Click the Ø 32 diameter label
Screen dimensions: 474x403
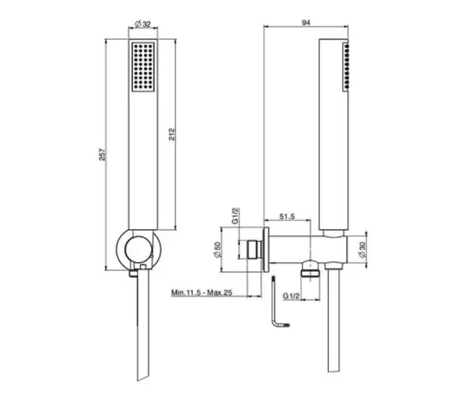[x=143, y=24]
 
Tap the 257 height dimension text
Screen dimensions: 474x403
[x=103, y=154]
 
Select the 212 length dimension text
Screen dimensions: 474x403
[x=171, y=134]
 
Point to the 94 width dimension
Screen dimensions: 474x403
[x=306, y=22]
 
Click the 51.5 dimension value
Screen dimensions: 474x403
[x=287, y=217]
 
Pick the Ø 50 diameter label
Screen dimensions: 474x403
[x=217, y=250]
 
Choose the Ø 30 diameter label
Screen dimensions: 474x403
[x=362, y=250]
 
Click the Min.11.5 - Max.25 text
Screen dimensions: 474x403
[x=201, y=292]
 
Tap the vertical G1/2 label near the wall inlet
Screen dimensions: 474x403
[x=235, y=216]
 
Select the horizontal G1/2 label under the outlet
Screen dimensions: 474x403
[x=291, y=296]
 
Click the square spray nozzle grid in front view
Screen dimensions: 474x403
[x=143, y=67]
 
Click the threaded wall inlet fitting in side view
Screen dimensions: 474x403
[x=254, y=250]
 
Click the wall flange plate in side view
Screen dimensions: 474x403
[x=265, y=250]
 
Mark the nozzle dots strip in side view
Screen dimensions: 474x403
[x=346, y=67]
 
